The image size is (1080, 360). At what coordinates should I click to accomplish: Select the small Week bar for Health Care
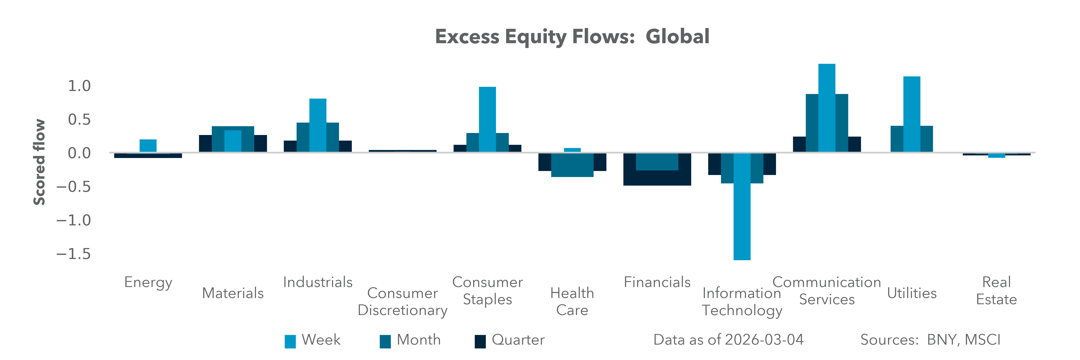(x=572, y=150)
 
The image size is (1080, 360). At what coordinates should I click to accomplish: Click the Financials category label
(x=657, y=282)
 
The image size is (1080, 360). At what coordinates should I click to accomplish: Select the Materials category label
(x=233, y=293)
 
